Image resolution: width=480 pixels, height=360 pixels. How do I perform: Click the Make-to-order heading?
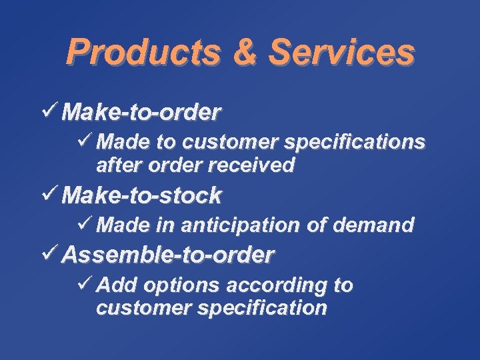tap(141, 113)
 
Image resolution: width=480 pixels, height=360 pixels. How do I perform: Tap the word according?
tap(277, 286)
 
